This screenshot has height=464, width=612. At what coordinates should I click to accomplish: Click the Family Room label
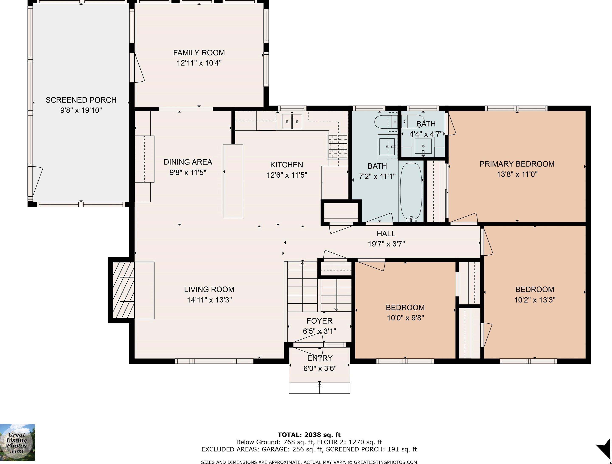[x=199, y=53]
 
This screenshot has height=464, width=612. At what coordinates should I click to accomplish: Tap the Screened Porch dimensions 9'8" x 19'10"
[x=81, y=110]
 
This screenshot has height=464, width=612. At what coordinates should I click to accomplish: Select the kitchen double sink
[x=292, y=122]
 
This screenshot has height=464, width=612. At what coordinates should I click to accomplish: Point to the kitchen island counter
[x=233, y=181]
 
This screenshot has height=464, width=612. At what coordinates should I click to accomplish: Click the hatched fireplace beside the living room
[x=123, y=290]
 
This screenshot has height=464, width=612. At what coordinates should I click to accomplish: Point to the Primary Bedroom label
[x=517, y=164]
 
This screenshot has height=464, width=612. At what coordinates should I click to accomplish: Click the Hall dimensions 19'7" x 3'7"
[x=386, y=244]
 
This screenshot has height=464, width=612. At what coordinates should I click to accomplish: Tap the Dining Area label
[x=188, y=162]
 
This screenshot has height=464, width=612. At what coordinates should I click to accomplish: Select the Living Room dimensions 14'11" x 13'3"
[x=209, y=300]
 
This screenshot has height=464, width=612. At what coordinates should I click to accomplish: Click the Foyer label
[x=319, y=321]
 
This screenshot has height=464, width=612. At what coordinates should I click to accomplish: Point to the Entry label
[x=320, y=358]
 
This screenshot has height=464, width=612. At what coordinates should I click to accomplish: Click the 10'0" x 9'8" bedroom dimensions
[x=405, y=318]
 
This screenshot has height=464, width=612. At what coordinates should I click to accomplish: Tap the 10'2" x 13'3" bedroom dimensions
[x=535, y=300]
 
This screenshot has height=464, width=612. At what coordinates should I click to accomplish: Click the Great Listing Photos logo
[x=17, y=442]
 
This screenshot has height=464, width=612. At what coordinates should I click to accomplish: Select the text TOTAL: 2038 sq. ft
[x=309, y=435]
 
